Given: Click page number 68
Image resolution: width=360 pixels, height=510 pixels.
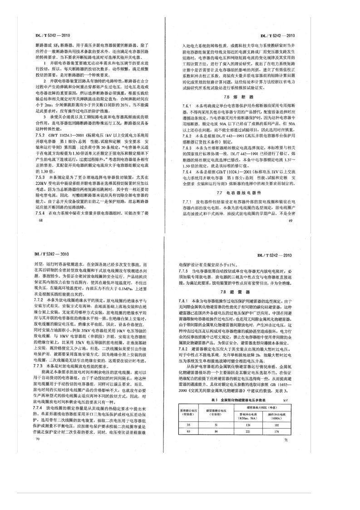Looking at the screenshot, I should [30, 207].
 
